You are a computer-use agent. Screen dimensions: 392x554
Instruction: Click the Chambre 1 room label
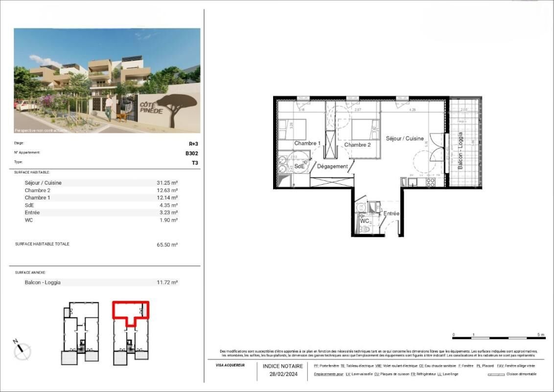click(307, 144)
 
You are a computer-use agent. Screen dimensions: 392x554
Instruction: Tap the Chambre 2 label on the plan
click(357, 145)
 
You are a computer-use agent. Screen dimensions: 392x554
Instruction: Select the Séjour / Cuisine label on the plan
click(405, 139)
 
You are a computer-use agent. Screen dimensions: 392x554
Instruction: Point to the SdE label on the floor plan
click(300, 166)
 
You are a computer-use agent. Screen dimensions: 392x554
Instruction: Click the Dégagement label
click(332, 167)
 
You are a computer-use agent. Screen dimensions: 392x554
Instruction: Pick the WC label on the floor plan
click(365, 221)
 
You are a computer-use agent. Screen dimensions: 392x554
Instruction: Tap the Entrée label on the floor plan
click(391, 214)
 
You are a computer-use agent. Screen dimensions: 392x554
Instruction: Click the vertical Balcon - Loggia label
click(461, 150)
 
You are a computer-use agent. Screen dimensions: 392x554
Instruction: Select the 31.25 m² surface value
click(167, 183)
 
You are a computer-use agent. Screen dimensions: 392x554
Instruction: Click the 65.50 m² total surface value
click(167, 245)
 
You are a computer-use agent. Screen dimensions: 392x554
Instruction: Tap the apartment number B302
click(191, 153)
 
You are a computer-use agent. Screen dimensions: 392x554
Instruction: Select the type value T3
click(194, 162)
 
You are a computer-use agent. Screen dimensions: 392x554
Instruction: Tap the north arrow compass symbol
click(22, 349)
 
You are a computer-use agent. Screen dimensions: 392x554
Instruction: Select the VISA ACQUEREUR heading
click(230, 365)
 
